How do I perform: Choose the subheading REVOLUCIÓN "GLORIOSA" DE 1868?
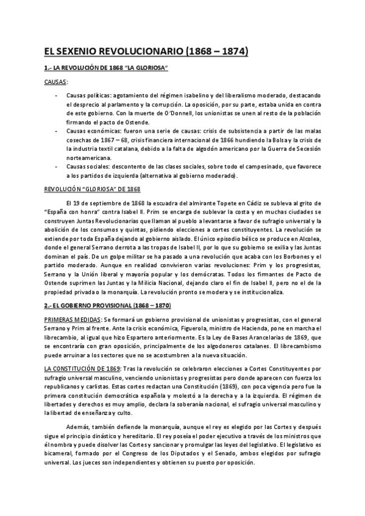tap(93, 190)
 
